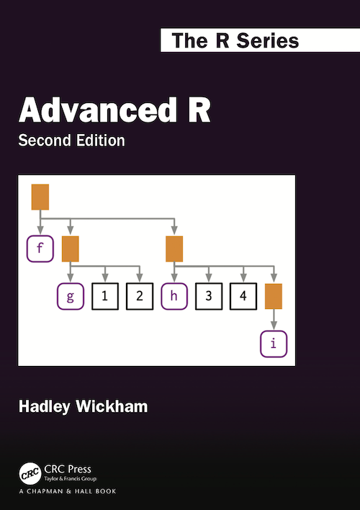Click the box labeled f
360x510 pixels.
click(x=40, y=249)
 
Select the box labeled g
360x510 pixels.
click(x=71, y=296)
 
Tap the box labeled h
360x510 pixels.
click(x=174, y=296)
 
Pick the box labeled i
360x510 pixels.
click(x=273, y=343)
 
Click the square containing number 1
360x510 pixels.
click(x=105, y=296)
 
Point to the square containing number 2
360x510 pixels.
click(x=140, y=296)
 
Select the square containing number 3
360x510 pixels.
click(x=209, y=296)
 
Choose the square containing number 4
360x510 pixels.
click(x=243, y=296)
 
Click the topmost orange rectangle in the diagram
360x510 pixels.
click(x=40, y=197)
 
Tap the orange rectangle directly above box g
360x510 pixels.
click(x=71, y=249)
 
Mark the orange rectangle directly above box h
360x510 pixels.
click(x=174, y=249)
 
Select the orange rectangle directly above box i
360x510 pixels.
click(x=273, y=296)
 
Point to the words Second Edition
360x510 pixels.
click(x=72, y=140)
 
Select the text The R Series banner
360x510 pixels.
click(x=235, y=40)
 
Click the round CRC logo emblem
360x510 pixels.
click(x=30, y=474)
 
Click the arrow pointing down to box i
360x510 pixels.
click(x=273, y=320)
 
